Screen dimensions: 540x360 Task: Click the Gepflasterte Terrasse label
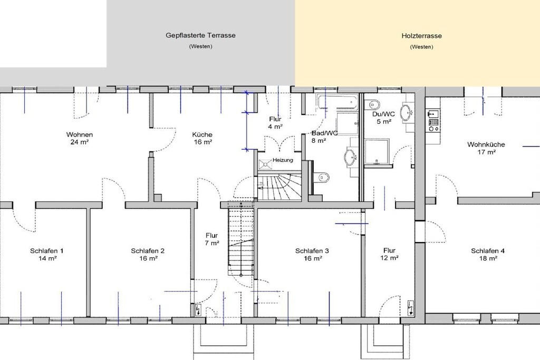coord(200,35)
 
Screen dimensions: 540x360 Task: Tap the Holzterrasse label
coord(421,36)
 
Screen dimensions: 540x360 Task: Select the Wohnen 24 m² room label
coord(80,138)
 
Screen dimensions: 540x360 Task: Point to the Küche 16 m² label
coord(202,138)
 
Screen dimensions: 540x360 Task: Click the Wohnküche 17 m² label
coord(486,148)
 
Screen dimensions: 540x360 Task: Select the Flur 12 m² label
coord(389,254)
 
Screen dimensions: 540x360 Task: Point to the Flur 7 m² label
coord(212,239)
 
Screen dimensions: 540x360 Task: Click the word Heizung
coord(283,160)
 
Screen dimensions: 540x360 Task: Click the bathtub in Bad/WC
coord(338,102)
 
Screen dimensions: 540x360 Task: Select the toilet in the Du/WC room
coord(373,104)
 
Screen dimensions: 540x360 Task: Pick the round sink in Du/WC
coord(408,112)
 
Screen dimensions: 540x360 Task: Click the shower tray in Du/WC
coord(377,151)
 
